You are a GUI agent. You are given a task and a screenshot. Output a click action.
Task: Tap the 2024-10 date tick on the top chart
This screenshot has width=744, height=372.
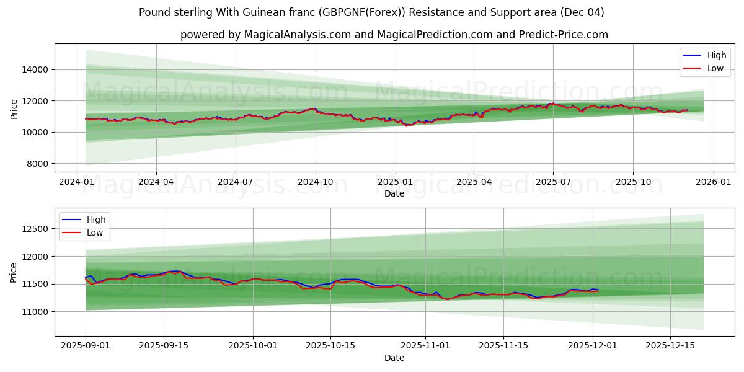315,182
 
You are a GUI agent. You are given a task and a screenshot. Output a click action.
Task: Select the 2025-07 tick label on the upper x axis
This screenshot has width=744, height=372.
552,182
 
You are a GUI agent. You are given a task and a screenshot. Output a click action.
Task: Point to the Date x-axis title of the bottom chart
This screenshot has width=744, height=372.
394,358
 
